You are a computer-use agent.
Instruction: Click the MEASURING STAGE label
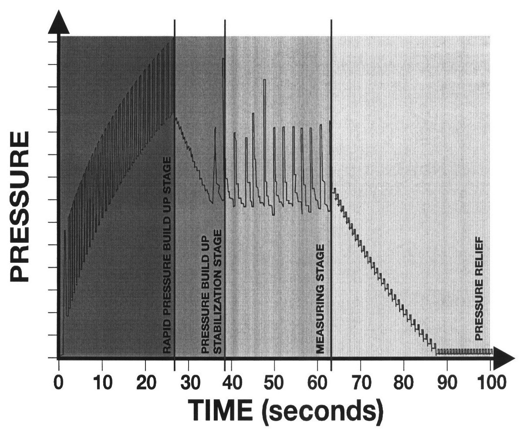point(321,299)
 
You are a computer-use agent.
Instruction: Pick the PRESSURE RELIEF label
point(479,288)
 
